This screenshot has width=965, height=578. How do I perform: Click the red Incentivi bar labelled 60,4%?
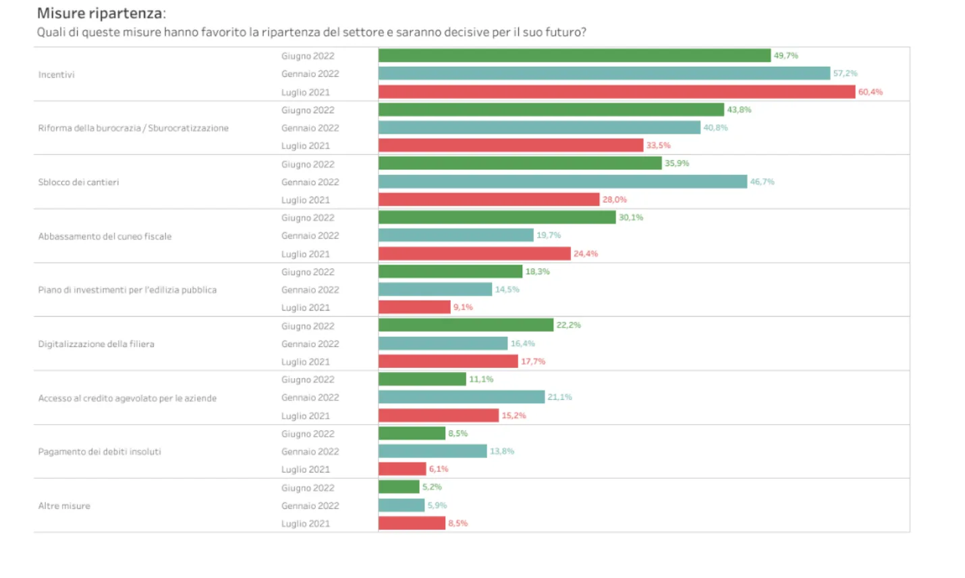(x=617, y=92)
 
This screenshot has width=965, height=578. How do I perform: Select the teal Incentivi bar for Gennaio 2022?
(x=604, y=74)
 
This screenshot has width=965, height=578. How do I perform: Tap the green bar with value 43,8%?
(x=551, y=110)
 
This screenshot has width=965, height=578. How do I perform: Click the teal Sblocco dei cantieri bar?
(x=563, y=182)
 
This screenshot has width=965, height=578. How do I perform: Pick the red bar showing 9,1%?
(x=414, y=307)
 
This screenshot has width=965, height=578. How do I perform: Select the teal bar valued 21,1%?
(x=462, y=397)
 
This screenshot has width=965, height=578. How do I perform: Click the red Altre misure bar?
(x=412, y=523)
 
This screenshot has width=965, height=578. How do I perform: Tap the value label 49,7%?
(x=785, y=55)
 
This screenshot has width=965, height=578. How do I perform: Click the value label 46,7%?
(x=762, y=182)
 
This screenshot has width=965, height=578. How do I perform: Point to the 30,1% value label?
(x=631, y=217)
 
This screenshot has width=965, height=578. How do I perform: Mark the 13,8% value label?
(x=502, y=451)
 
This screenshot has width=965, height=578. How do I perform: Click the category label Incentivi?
(x=57, y=74)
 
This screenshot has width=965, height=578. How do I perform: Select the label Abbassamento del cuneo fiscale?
(x=105, y=236)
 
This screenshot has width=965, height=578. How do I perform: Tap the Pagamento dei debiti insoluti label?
(x=99, y=452)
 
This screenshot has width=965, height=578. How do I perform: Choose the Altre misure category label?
(x=64, y=506)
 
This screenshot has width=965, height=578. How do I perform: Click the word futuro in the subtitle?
(x=563, y=32)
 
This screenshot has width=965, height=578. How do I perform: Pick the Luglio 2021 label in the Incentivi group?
(x=306, y=93)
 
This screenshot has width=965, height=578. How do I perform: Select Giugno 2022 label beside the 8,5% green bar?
(x=308, y=433)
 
